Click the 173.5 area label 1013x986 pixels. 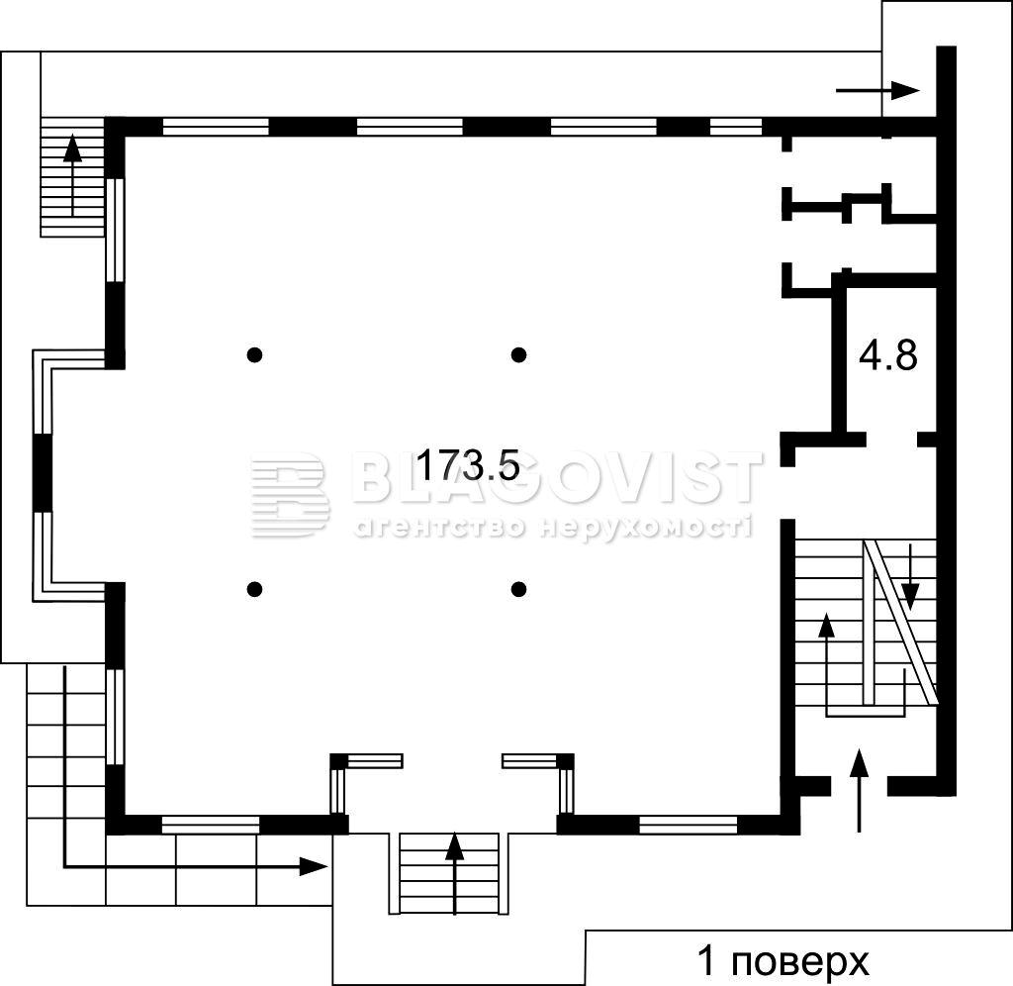468,465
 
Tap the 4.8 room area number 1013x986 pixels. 887,355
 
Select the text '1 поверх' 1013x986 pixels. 783,961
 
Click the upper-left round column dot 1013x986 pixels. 255,354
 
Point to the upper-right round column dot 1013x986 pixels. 518,354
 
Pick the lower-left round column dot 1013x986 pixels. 255,589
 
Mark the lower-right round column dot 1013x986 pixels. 518,589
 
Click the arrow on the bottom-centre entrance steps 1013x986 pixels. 455,873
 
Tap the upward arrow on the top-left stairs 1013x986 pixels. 72,174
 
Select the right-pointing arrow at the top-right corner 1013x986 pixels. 877,90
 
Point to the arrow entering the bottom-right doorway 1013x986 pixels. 859,789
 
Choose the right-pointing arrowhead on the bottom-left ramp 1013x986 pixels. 314,866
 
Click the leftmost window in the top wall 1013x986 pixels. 215,127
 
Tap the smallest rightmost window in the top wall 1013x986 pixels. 736,127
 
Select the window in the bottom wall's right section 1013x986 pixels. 689,825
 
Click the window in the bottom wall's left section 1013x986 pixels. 210,825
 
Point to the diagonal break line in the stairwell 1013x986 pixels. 901,622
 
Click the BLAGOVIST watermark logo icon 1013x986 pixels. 290,495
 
